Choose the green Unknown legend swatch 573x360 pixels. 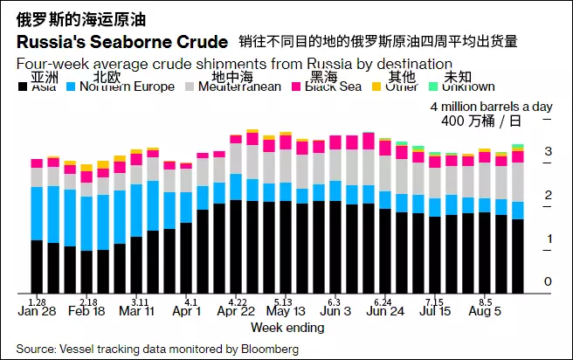click(x=432, y=87)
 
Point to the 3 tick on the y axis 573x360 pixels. click(x=548, y=152)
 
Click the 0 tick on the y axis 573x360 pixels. click(x=548, y=281)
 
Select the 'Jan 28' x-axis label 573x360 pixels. click(x=37, y=311)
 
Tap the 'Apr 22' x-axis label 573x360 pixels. click(x=236, y=311)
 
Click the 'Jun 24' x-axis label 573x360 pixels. click(x=386, y=311)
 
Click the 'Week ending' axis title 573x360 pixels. click(x=287, y=328)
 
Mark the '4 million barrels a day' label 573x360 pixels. click(x=493, y=106)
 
